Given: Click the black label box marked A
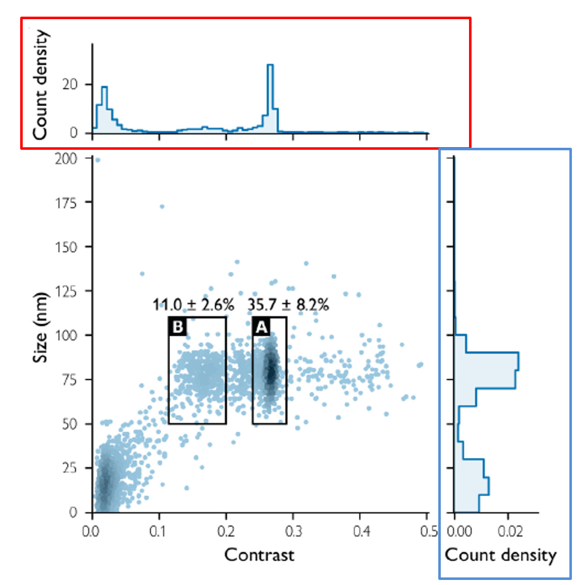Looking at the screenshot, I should point(261,327).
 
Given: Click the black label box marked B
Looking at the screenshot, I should point(178,327).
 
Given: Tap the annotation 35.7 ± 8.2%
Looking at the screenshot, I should point(288,305).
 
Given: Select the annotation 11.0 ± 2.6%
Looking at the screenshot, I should point(194,305).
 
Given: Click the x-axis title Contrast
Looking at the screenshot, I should point(259,555).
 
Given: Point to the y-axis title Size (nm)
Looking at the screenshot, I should point(40,327).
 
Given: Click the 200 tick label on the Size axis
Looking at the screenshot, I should point(66,158).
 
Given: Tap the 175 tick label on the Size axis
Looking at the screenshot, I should point(66,203).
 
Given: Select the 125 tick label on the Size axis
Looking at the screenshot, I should point(66,291).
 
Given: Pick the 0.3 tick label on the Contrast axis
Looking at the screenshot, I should point(293,532).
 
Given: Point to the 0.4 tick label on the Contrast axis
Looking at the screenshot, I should point(360,532).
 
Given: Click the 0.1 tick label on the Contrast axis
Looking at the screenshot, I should point(159,532).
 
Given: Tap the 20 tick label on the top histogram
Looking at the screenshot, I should point(70,84).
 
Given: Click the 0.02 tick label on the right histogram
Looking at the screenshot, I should point(510,532).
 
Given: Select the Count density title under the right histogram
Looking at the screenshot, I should point(500,555).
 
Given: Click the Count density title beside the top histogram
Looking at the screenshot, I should point(40,84).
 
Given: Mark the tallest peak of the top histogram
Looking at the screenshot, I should point(270,65).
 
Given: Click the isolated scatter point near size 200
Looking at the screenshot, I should point(98,160).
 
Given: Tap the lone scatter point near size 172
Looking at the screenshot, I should point(162,206).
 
